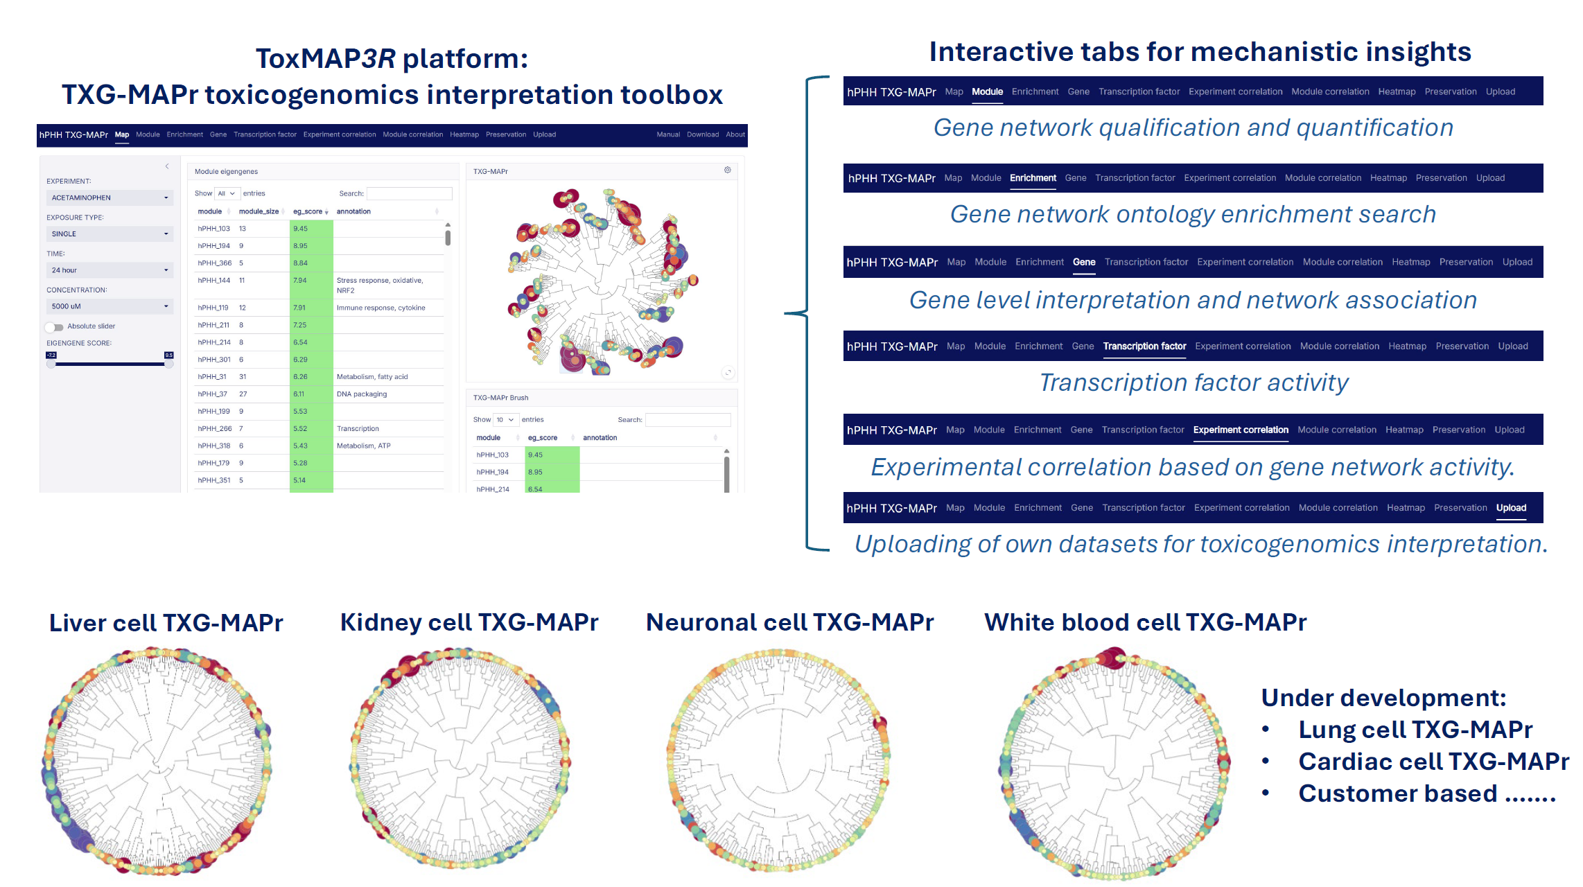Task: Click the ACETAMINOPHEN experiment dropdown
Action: click(109, 198)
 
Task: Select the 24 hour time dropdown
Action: click(109, 270)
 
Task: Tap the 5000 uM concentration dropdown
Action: click(109, 306)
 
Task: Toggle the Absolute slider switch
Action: click(54, 327)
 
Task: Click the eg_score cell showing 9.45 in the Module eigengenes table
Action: click(311, 229)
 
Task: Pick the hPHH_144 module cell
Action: click(213, 281)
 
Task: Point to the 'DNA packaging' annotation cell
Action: click(362, 394)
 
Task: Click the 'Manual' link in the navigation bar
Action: click(668, 134)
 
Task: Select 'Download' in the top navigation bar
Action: click(702, 134)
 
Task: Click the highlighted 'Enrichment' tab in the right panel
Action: click(1033, 178)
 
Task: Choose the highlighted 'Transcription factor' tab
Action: click(1144, 346)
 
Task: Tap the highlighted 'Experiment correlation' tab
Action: click(1241, 430)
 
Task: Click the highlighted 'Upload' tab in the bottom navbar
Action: click(1511, 508)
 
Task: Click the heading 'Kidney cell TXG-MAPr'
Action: click(469, 622)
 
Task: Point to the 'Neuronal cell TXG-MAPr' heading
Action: click(789, 622)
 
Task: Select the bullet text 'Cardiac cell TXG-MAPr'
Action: click(1433, 762)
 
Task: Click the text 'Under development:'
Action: click(1383, 698)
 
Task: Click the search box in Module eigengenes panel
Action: click(409, 194)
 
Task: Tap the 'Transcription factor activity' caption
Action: click(1193, 383)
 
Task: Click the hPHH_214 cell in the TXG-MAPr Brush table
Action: click(493, 489)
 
